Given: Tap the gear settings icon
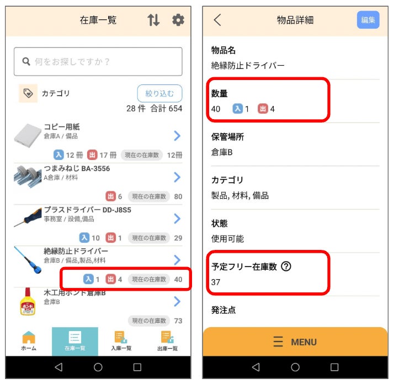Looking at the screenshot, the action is (x=178, y=20).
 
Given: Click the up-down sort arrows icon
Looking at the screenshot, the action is (x=153, y=20).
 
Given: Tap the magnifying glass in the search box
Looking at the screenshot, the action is (x=26, y=61).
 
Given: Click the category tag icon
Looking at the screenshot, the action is (x=28, y=93).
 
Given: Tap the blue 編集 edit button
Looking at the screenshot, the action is (x=368, y=20).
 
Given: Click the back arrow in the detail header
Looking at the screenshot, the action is (x=217, y=20).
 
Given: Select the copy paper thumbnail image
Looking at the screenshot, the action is (x=28, y=136).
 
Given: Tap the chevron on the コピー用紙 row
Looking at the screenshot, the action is (x=177, y=136).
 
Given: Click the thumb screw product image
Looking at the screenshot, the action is (x=28, y=177).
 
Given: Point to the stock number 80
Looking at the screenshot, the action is (x=178, y=196).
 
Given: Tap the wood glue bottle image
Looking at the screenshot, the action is (x=28, y=302).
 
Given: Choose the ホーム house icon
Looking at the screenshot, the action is (x=29, y=337).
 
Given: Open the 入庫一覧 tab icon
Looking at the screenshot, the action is (x=121, y=337).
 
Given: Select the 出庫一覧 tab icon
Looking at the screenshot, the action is (x=167, y=337).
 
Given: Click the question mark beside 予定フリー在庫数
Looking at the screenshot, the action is (x=286, y=266).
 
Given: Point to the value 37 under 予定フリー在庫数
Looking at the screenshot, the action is (x=216, y=282).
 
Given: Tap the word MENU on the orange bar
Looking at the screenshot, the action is (x=304, y=342).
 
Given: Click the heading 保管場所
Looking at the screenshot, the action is (x=227, y=137).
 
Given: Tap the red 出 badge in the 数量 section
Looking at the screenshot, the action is (x=263, y=109).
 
